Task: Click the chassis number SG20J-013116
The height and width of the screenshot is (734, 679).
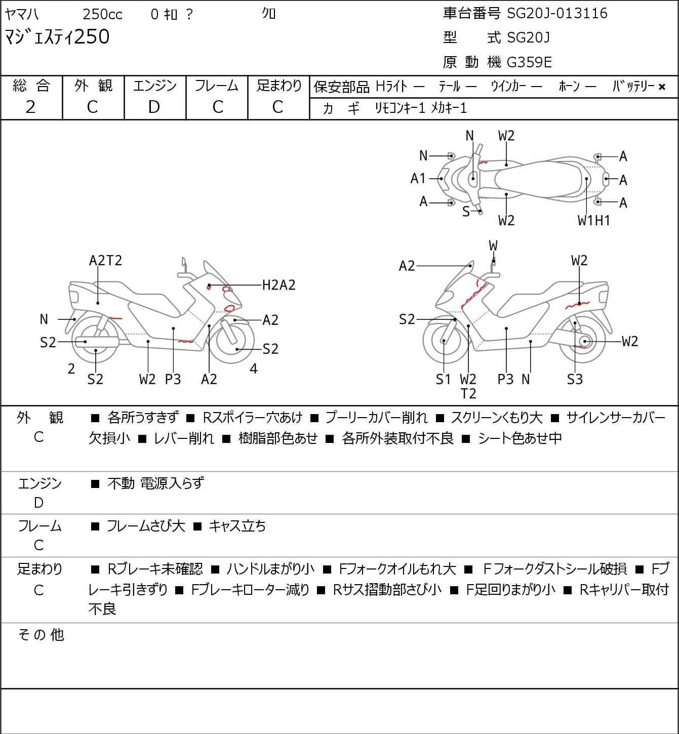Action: click(557, 13)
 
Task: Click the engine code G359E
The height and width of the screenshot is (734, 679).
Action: click(529, 62)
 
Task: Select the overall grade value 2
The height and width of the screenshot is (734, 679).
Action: click(31, 107)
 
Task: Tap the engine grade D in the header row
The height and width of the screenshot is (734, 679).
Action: click(154, 107)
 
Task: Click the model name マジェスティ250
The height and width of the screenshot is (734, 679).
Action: click(57, 37)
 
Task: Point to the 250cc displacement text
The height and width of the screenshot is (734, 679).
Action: click(102, 14)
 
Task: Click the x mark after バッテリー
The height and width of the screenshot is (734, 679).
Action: click(662, 87)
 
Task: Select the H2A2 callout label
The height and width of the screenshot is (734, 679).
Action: click(278, 285)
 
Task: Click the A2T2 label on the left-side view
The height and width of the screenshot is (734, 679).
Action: click(105, 260)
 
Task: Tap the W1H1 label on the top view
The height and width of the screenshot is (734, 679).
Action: click(594, 220)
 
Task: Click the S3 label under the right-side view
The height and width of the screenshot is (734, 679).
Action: click(575, 379)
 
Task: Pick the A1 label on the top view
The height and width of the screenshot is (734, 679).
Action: click(418, 178)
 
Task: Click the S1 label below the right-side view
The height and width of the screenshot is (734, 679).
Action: click(443, 379)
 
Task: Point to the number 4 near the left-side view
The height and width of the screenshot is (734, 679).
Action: click(254, 369)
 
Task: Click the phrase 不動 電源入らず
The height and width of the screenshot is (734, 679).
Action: click(155, 483)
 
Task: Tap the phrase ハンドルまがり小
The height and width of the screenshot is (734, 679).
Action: click(270, 569)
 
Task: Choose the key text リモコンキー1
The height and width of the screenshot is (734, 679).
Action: click(400, 108)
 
